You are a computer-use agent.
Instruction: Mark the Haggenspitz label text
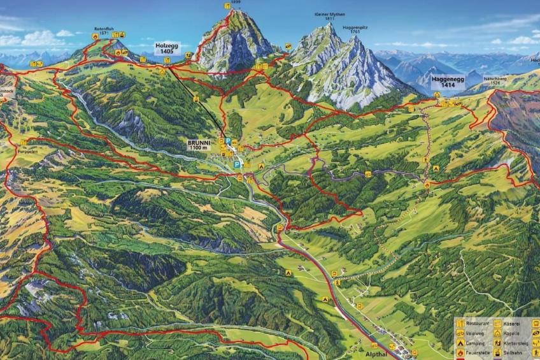click(355, 27)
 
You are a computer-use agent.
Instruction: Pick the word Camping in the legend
click(475, 342)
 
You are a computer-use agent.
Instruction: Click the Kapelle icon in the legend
click(497, 333)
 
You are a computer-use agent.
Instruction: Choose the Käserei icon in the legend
click(497, 323)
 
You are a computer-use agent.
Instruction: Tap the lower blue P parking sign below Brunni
click(237, 164)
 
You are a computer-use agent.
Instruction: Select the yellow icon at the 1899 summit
click(227, 6)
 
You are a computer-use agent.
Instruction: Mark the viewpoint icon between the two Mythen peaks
click(288, 47)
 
